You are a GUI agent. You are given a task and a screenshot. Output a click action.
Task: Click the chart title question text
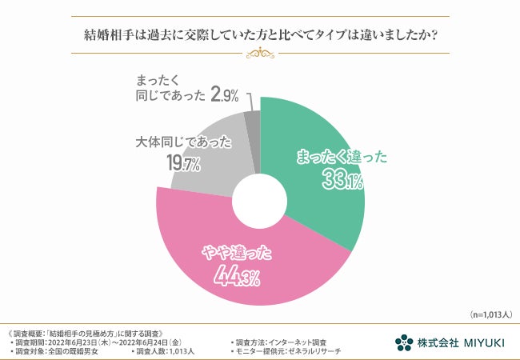pos(259,35)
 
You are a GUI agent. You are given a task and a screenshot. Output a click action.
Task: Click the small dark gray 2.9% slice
pos(252,120)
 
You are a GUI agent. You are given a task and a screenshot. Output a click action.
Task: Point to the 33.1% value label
pos(342,181)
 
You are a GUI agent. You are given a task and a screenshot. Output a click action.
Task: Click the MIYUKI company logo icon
pos(404,342)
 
